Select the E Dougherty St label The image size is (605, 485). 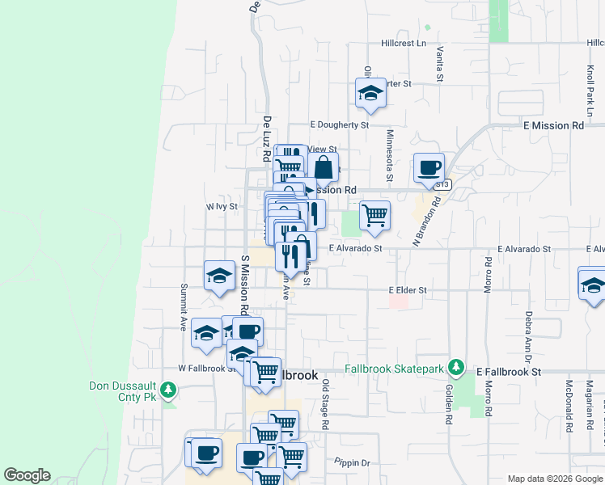[340, 125]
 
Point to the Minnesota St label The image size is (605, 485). [389, 156]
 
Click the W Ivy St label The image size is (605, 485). [221, 207]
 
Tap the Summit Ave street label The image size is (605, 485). [184, 307]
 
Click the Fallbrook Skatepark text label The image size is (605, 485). [396, 369]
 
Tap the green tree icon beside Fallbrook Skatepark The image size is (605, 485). [457, 369]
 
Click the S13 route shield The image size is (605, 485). [441, 185]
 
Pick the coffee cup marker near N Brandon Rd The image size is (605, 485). [429, 168]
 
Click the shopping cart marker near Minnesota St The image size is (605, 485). [374, 216]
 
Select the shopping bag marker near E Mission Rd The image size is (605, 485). [324, 168]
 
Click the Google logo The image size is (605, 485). [27, 475]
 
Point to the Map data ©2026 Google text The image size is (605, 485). [555, 479]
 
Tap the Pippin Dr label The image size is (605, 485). [352, 463]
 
